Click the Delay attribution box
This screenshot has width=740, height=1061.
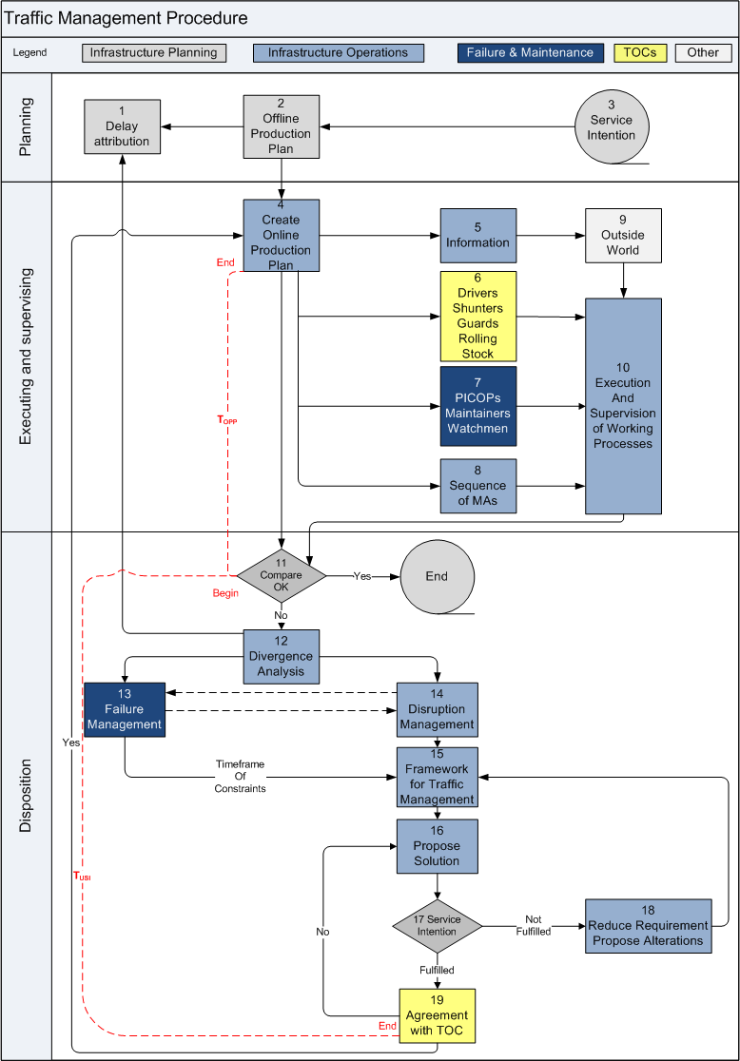tap(122, 126)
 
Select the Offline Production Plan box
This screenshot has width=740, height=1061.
tap(281, 125)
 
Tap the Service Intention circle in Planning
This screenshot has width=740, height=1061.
tap(612, 127)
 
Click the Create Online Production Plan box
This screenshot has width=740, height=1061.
tap(281, 235)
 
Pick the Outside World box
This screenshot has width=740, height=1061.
tap(623, 235)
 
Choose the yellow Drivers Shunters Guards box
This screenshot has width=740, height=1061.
tap(477, 316)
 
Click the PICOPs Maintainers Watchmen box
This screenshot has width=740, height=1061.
tap(477, 406)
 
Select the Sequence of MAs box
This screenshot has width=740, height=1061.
tap(477, 486)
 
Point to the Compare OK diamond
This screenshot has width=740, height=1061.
tap(282, 575)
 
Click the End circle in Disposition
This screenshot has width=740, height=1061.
tap(437, 576)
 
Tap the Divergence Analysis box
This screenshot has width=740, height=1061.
tap(281, 656)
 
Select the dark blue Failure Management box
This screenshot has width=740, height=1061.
tap(125, 709)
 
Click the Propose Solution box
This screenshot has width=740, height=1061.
tap(437, 846)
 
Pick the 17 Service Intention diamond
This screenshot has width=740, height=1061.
tap(438, 925)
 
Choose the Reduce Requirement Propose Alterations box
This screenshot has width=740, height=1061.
tap(648, 925)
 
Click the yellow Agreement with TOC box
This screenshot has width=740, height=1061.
tap(437, 1015)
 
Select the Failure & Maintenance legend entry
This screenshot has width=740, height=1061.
tap(531, 52)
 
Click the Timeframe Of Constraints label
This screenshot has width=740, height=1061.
tap(240, 776)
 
